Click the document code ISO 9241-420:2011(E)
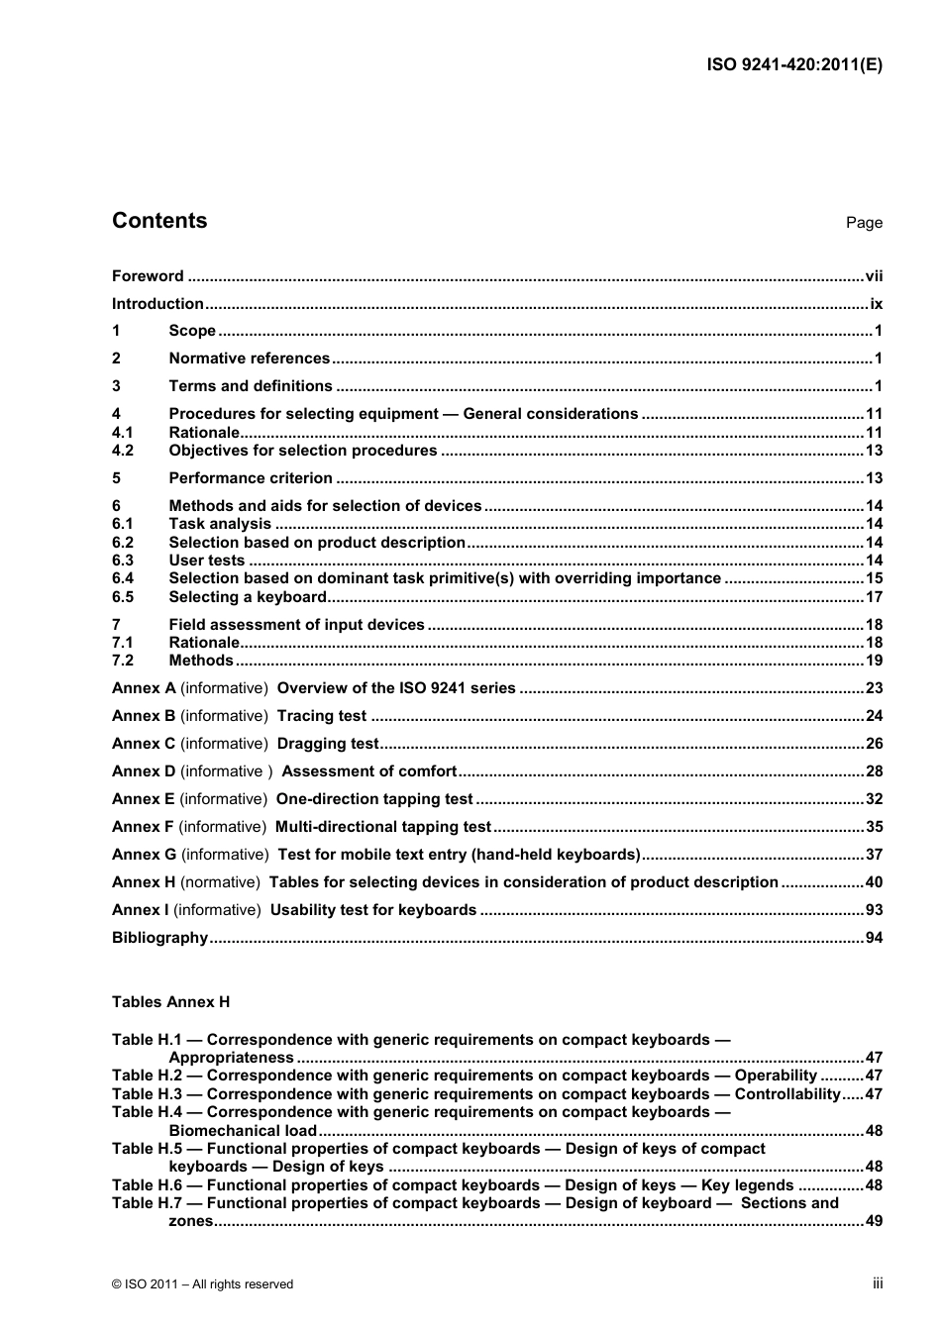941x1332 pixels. (x=794, y=65)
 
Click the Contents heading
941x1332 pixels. (x=159, y=221)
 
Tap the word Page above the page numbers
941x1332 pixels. (x=864, y=223)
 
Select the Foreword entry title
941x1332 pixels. (x=148, y=276)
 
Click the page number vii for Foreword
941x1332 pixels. (x=873, y=276)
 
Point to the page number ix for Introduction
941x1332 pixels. (x=876, y=304)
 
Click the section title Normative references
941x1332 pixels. (x=249, y=359)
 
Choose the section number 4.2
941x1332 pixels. (x=123, y=451)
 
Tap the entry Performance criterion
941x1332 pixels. (x=251, y=478)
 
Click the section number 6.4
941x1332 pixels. (x=123, y=578)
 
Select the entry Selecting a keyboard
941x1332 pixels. (x=248, y=597)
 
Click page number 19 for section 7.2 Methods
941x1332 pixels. (x=874, y=661)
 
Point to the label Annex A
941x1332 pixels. (x=144, y=688)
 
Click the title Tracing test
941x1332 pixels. (x=322, y=716)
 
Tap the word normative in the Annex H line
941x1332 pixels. (x=221, y=882)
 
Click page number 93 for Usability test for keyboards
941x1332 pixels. (x=874, y=910)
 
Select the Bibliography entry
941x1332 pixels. (x=159, y=938)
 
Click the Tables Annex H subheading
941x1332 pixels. (x=170, y=1002)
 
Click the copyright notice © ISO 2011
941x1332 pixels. (x=202, y=1284)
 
